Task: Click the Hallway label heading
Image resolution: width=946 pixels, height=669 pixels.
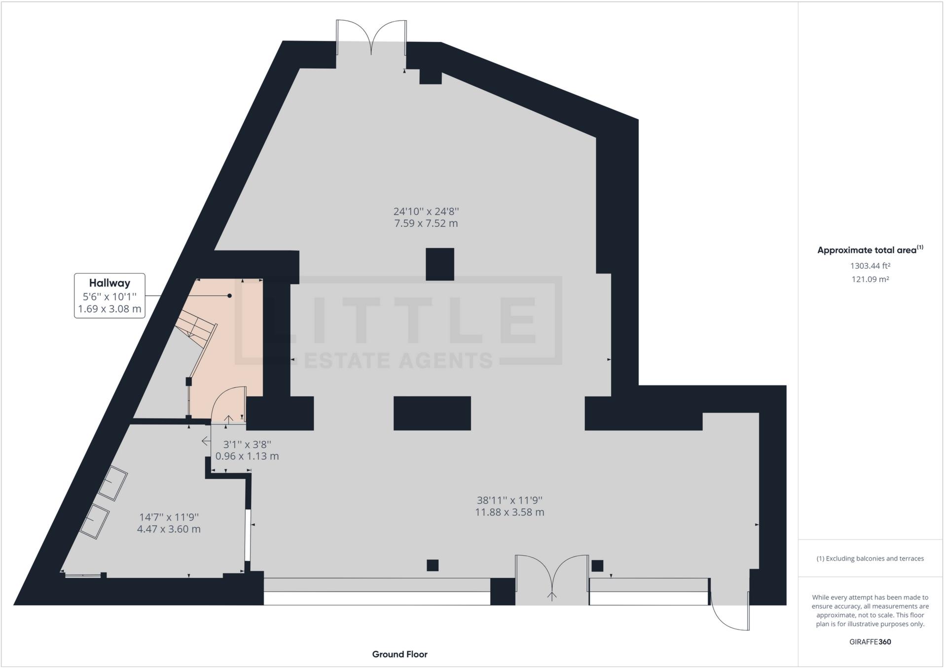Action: coord(109,283)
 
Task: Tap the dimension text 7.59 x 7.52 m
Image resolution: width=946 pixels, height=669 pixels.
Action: coord(426,223)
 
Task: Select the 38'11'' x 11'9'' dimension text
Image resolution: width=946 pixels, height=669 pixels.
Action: coord(509,500)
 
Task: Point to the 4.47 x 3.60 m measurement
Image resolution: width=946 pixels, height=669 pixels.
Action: coord(169,529)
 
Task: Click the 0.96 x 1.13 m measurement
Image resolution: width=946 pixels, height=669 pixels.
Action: coord(247,456)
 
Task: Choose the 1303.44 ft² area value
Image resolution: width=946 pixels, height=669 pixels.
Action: coord(870,266)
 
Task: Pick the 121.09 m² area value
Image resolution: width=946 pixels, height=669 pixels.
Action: coord(870,279)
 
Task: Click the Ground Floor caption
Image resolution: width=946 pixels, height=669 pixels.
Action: coord(400,654)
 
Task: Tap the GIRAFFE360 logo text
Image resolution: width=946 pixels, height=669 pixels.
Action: coord(870,642)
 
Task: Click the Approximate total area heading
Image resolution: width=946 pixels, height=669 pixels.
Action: coord(870,250)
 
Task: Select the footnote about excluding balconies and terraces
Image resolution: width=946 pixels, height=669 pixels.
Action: coord(870,559)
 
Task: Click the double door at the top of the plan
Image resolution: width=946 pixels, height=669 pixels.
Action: coord(371,37)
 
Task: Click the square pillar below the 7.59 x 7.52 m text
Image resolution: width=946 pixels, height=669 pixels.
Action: coord(439,264)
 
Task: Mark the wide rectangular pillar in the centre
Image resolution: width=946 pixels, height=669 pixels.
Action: coord(432,413)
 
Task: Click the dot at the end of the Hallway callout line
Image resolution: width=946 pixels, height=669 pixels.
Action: coord(229,296)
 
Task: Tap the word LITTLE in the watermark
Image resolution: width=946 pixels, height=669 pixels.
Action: coord(400,320)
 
